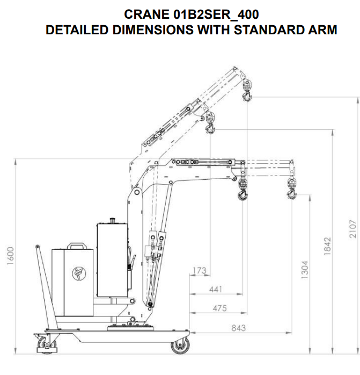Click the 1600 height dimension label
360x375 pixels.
click(x=11, y=256)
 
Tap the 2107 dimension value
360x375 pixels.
click(x=353, y=229)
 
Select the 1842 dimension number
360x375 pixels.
click(x=327, y=246)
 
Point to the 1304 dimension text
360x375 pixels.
click(x=305, y=269)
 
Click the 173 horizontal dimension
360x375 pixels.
click(x=199, y=270)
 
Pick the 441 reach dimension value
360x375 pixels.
click(x=216, y=289)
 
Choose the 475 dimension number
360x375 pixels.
click(x=219, y=308)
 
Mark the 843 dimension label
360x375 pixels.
click(x=239, y=328)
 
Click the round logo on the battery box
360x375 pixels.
click(x=79, y=274)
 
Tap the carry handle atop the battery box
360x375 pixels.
click(x=77, y=246)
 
